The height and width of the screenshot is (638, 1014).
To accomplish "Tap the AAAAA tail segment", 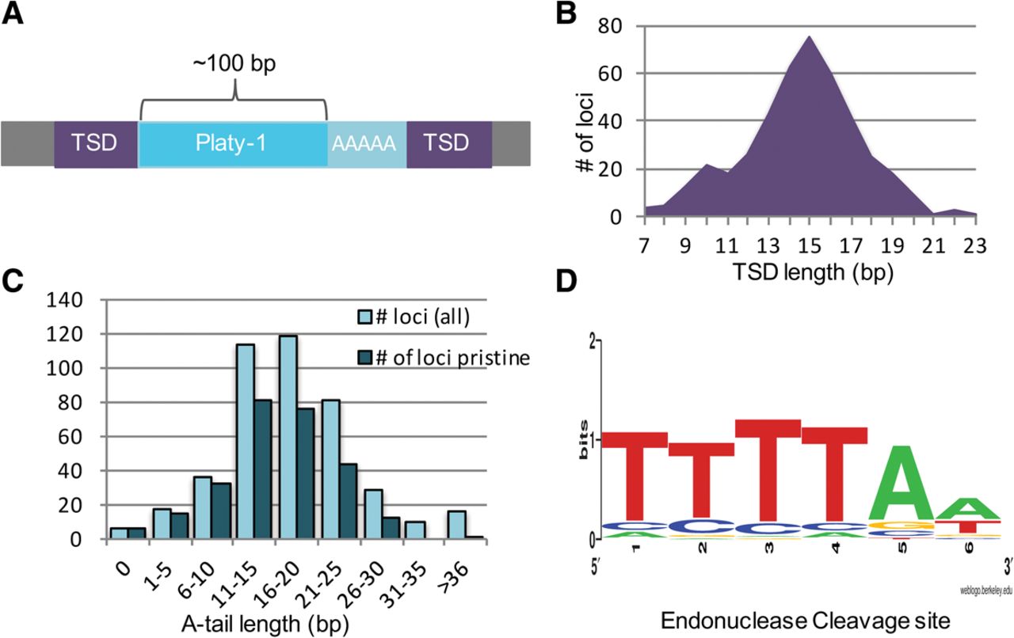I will [x=367, y=143].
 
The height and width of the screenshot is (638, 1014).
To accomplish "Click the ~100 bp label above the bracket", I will [x=234, y=63].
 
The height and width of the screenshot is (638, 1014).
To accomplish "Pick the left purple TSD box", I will [x=96, y=143].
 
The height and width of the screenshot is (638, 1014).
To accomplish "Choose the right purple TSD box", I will [x=449, y=143].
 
